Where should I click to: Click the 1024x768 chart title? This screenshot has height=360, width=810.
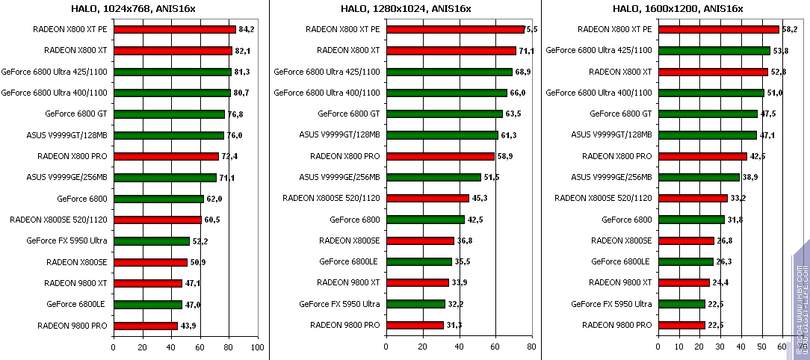tap(135, 8)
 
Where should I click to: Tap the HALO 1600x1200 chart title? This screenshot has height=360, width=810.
tap(678, 8)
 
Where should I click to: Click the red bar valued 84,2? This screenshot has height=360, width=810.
tap(174, 30)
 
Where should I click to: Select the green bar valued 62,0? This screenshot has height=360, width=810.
tap(158, 199)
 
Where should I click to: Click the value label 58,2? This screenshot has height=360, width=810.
tap(791, 30)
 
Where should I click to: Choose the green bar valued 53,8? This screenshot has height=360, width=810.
tap(714, 51)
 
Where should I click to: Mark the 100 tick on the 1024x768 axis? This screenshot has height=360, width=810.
tap(257, 347)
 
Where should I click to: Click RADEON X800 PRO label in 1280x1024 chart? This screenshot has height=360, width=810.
tap(345, 157)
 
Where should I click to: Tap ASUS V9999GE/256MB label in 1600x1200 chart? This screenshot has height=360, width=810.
tap(611, 178)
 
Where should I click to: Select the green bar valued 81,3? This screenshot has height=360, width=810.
tap(172, 72)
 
